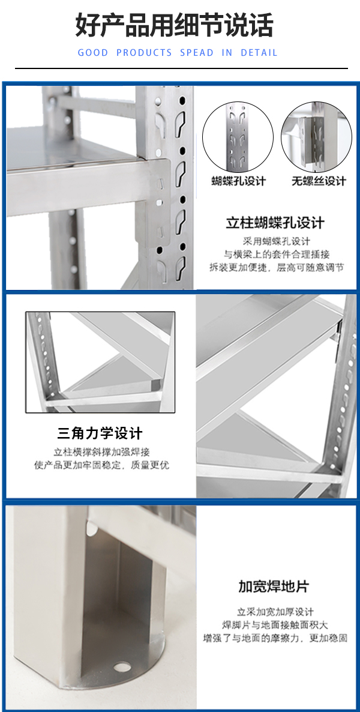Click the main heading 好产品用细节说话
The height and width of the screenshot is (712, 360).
tap(175, 25)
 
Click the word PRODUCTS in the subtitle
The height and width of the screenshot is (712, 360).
tap(145, 53)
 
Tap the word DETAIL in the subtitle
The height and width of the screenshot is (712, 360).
tap(259, 53)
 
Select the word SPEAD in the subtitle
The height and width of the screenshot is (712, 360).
tap(197, 53)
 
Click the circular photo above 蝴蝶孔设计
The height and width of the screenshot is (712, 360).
tap(238, 137)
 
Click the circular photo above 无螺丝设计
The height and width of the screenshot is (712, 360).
tap(316, 137)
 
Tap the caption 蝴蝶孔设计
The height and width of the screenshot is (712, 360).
tap(238, 181)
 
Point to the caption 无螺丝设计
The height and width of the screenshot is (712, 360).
tap(319, 181)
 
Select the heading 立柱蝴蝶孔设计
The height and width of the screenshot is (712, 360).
tap(275, 223)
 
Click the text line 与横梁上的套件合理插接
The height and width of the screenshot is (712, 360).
tap(277, 254)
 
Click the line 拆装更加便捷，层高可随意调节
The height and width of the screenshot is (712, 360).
tap(277, 267)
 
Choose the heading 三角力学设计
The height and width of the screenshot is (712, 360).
tap(100, 433)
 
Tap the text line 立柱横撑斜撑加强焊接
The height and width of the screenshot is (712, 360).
tap(101, 452)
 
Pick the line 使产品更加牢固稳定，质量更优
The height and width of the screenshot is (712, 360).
tap(101, 465)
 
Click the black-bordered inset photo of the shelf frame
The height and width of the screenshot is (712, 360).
tap(100, 362)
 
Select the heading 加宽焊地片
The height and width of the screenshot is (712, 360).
tap(273, 586)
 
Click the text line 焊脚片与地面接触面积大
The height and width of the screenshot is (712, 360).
tap(275, 625)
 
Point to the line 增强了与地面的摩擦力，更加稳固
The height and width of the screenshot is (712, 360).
tap(275, 638)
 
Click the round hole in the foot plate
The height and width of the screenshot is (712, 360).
tap(122, 667)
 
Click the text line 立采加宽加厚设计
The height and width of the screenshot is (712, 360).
tap(275, 612)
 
